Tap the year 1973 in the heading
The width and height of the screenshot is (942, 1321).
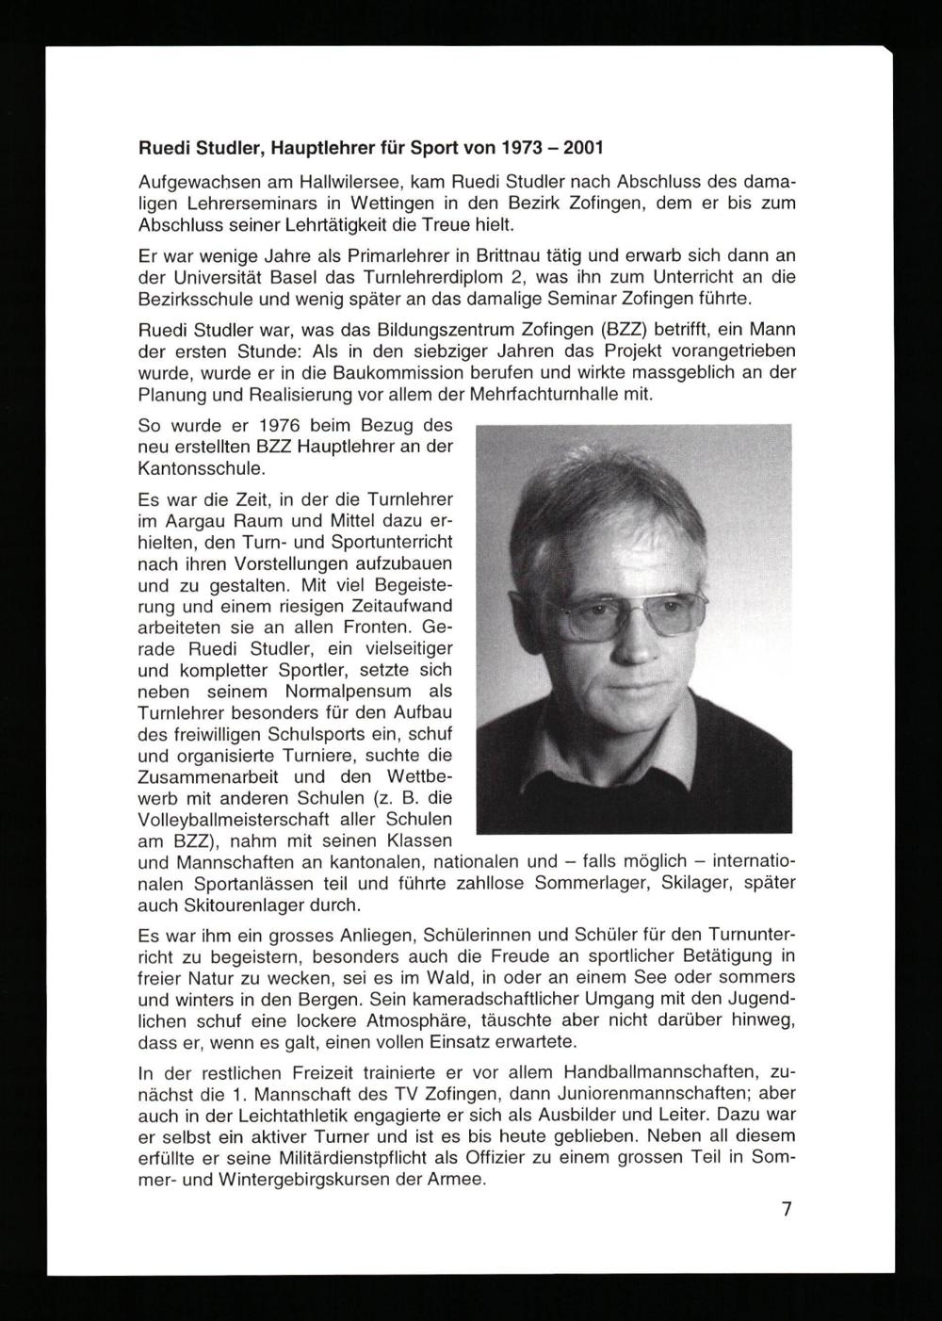(x=517, y=149)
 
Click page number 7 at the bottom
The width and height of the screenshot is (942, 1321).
(x=787, y=1210)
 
